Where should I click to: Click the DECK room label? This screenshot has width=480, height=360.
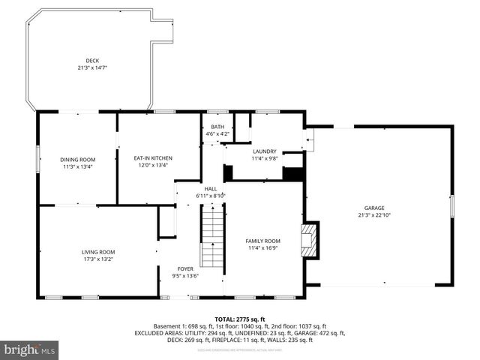[91, 60]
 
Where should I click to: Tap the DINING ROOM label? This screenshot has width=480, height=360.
[78, 159]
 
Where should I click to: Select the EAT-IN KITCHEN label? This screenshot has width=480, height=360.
[153, 158]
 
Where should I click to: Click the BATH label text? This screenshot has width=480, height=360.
[217, 127]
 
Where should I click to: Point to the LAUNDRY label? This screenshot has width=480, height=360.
[264, 151]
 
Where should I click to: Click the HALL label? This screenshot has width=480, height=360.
[211, 188]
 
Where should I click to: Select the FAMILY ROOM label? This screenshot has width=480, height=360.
[262, 241]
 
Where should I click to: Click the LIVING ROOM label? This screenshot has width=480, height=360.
[98, 252]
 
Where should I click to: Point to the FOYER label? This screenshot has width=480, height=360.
[185, 268]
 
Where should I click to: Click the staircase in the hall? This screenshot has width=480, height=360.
[213, 238]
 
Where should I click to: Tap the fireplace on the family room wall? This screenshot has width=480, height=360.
[309, 238]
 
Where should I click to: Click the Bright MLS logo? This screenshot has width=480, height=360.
[30, 349]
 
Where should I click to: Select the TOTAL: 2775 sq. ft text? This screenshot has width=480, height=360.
[239, 319]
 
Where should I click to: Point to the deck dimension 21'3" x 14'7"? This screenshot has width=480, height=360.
[91, 67]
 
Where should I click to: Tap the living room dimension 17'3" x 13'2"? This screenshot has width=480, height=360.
[98, 259]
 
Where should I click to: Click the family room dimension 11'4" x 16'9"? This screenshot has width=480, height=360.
[262, 248]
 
